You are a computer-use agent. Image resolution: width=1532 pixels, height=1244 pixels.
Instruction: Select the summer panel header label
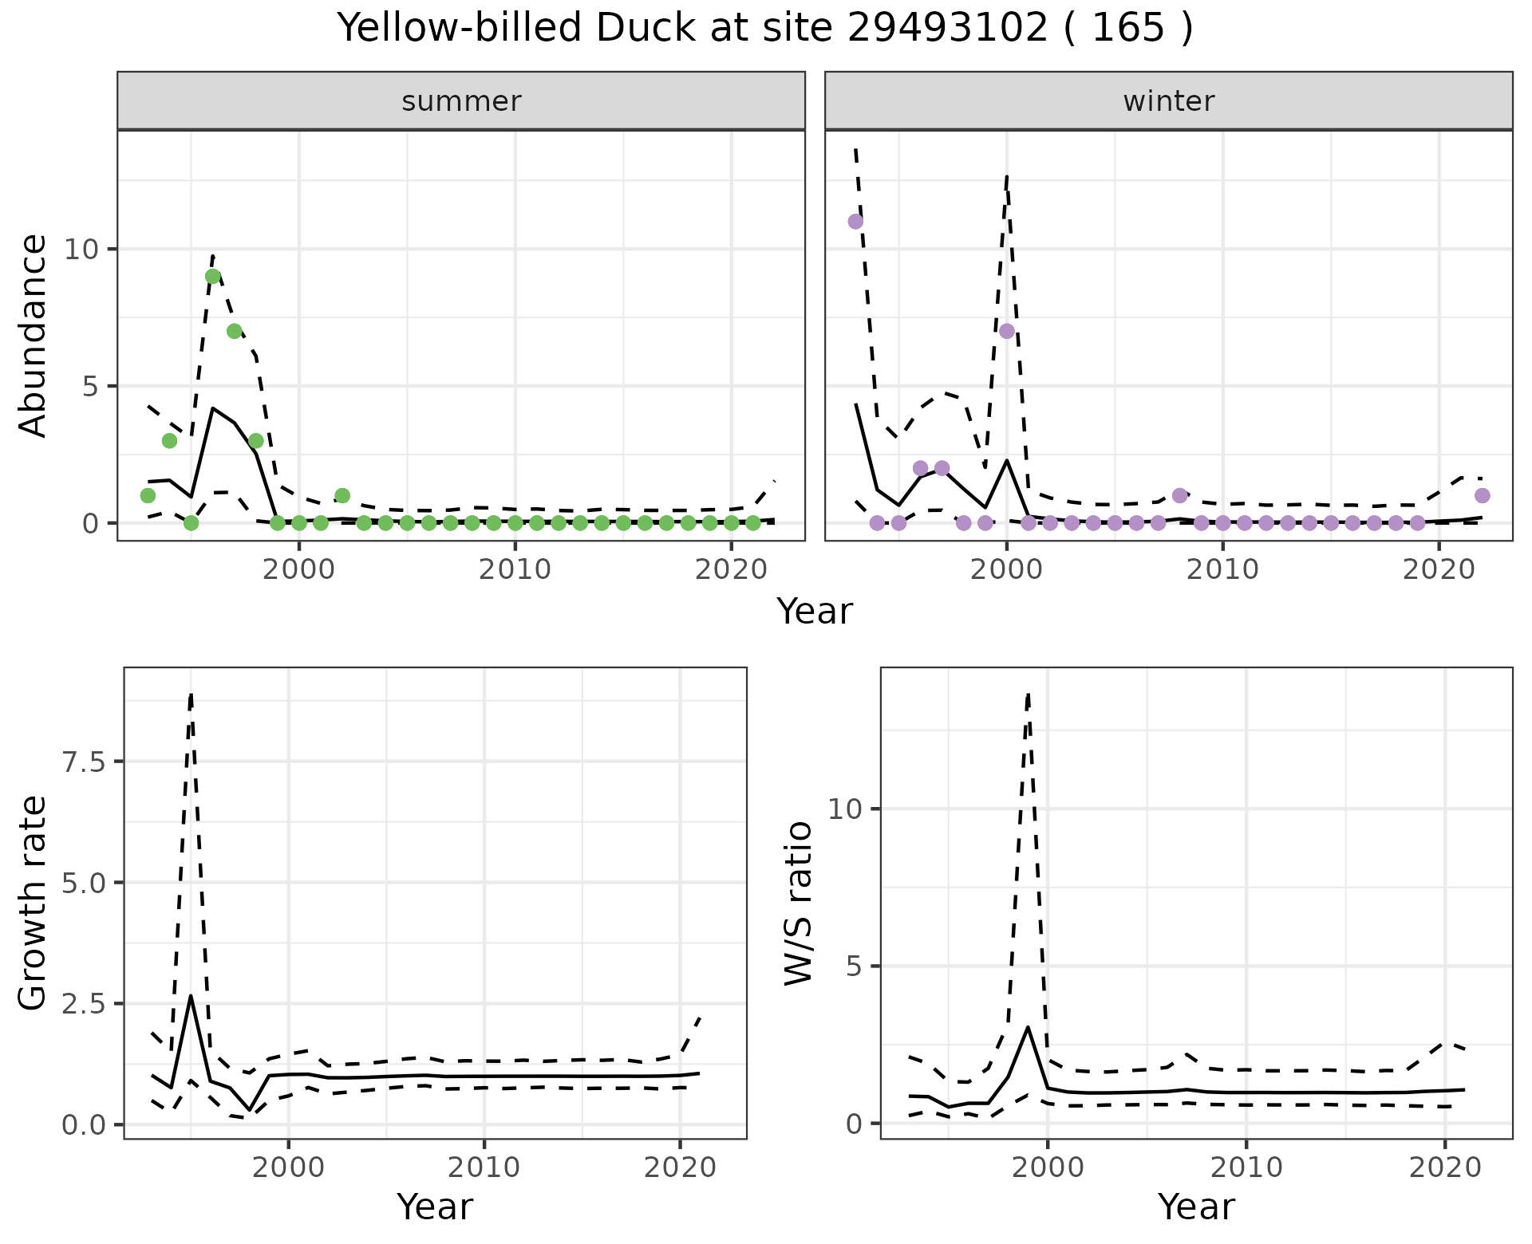coord(461,101)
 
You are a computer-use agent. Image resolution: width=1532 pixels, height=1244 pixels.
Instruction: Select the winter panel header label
coord(1168,101)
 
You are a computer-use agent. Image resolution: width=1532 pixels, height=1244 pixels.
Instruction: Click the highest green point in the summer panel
coord(213,277)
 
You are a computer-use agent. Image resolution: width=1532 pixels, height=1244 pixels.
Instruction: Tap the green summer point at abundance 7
coord(235,331)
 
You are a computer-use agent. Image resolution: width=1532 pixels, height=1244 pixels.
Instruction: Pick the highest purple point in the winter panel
coord(855,222)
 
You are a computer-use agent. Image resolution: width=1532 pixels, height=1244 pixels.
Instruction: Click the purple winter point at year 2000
coord(1007,331)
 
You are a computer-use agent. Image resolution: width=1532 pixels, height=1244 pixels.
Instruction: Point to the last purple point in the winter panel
coord(1483,495)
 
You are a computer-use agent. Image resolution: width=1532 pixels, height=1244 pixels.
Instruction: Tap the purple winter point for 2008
coord(1180,495)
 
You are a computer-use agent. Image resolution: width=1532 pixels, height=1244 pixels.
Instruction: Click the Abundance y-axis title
coord(34,336)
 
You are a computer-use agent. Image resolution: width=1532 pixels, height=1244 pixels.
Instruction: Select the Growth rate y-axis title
coord(34,903)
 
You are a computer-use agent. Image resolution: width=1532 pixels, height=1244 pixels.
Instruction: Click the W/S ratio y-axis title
coord(799,903)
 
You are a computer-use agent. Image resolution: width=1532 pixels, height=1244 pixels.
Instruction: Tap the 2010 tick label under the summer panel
coord(515,569)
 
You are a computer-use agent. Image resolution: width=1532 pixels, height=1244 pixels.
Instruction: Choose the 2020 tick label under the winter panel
coord(1439,569)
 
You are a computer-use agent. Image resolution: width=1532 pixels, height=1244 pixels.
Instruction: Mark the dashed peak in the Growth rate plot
coord(191,693)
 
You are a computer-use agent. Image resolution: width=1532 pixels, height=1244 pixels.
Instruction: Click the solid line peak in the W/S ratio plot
coord(1028,1027)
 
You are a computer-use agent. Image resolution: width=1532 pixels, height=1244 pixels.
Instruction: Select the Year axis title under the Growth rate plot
coord(435,1207)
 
